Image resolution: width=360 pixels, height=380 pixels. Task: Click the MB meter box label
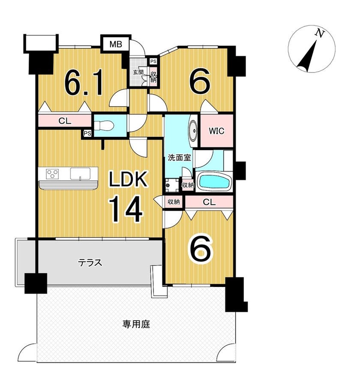[x=116, y=44]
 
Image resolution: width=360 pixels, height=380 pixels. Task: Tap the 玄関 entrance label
[x=138, y=72]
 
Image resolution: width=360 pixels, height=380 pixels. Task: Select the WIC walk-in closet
[x=216, y=131]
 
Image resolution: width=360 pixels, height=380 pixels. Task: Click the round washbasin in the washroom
[x=193, y=130]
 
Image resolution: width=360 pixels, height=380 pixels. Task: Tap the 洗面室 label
[x=180, y=158]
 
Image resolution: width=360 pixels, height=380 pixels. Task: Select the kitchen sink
[x=80, y=174]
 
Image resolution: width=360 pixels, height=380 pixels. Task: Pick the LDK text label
[x=128, y=179]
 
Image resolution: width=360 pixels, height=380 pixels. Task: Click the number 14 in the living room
[x=126, y=209]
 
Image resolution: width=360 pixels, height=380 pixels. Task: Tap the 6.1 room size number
[x=84, y=81]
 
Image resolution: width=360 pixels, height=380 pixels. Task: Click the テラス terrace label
[x=90, y=262]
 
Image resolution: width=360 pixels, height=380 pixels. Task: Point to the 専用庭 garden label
[x=136, y=324]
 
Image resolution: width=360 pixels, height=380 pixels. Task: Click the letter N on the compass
[x=320, y=33]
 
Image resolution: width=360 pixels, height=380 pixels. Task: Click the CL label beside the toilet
[x=65, y=121]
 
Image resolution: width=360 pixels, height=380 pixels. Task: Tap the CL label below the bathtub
[x=209, y=202]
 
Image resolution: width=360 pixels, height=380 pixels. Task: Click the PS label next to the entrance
[x=153, y=61]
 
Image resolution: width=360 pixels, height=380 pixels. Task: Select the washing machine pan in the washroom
[x=172, y=185]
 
